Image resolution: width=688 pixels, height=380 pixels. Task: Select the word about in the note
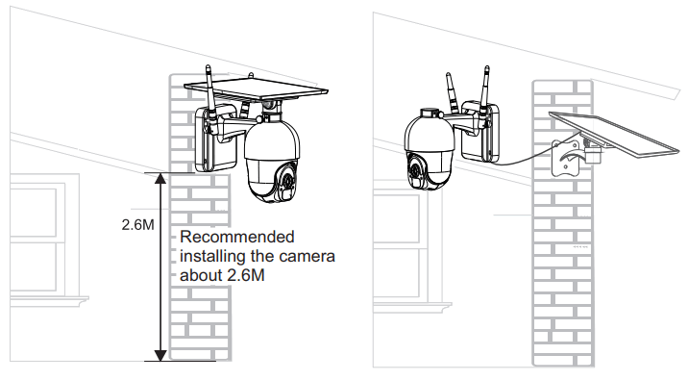(x=201, y=275)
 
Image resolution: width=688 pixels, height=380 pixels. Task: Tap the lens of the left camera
(x=285, y=179)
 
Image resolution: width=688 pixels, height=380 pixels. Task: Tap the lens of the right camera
(x=417, y=171)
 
